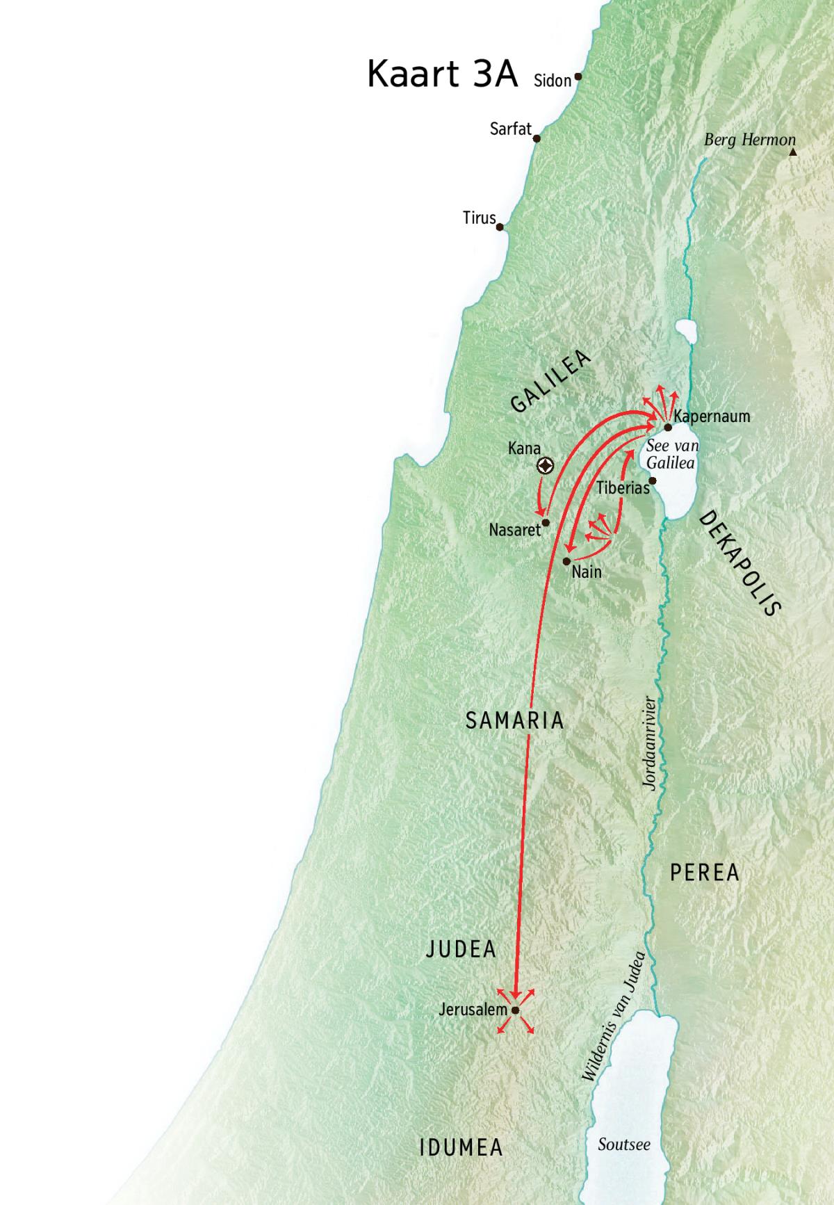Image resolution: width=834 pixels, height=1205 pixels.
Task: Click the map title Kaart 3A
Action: coord(442,74)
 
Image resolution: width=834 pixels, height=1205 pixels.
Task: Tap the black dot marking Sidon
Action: coord(578,77)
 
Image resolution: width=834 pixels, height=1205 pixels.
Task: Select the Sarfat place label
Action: coord(510,129)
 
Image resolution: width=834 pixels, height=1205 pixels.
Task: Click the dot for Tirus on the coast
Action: coord(500,227)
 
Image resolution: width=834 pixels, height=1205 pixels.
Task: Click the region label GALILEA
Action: coord(550,381)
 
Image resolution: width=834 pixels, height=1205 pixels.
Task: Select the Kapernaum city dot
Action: coord(668,428)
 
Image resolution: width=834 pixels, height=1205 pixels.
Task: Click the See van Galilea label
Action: coord(671,454)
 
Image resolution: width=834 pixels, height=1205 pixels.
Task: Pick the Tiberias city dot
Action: coord(653,480)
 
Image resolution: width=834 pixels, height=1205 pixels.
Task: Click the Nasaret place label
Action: coord(514,530)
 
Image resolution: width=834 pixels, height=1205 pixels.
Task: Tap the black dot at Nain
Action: coord(567,560)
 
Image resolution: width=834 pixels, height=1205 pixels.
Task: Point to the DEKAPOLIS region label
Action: coord(739,563)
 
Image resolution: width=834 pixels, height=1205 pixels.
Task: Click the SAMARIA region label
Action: coord(514,720)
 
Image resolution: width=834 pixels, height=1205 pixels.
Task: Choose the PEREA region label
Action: coord(704,873)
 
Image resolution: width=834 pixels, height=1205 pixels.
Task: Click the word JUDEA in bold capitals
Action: coord(461,949)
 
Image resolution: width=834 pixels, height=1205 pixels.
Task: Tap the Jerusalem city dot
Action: coord(515,1010)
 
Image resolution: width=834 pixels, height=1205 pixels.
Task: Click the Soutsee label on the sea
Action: coord(623,1144)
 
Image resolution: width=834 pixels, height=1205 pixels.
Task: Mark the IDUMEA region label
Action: coord(461,1147)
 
